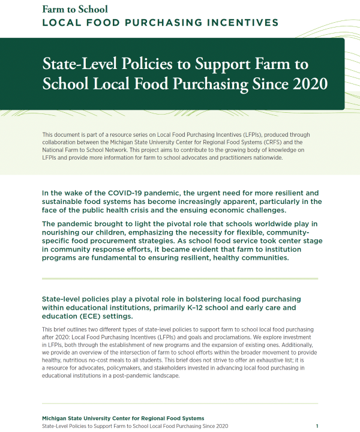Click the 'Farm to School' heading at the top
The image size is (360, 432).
[x=74, y=9]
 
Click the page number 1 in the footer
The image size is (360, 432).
[x=317, y=425]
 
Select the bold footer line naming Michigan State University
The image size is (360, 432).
[x=123, y=418]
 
